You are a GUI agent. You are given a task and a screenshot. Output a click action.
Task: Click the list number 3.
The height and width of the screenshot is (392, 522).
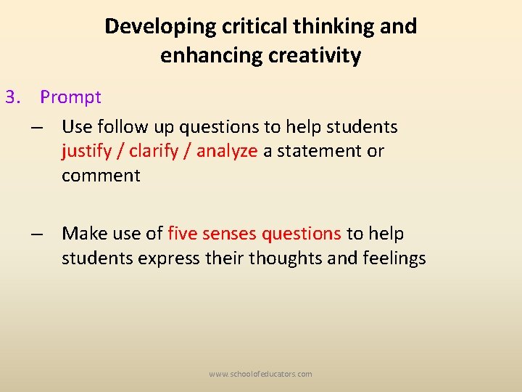pos(12,97)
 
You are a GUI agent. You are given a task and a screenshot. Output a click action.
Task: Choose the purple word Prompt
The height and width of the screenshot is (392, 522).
pos(70,97)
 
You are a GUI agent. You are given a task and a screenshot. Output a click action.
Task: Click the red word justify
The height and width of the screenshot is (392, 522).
pos(85,151)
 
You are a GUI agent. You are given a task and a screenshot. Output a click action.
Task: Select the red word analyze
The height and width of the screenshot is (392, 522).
pos(227,151)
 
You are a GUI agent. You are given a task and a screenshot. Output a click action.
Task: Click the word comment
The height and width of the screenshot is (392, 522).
pos(101,176)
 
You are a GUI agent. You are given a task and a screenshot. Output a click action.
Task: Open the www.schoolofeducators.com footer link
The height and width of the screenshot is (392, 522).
pos(260,374)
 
